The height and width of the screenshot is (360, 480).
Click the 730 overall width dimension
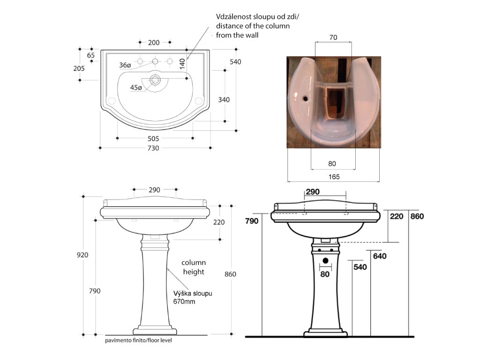(153, 149)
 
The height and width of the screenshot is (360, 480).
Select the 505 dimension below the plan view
(153, 139)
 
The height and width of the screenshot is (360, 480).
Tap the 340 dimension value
(224, 99)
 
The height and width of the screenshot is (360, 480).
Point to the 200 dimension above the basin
(154, 43)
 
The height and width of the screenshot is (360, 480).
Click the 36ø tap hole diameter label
(125, 65)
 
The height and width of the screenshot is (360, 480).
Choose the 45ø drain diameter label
(136, 88)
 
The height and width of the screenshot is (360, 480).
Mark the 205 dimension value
(79, 68)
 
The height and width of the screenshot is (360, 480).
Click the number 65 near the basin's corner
(91, 55)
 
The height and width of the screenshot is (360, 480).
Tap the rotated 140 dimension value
(183, 64)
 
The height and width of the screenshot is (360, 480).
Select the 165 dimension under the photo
(334, 177)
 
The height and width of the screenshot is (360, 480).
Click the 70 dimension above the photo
(333, 38)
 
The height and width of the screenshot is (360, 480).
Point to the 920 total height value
(82, 255)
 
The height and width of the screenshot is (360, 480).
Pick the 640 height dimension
(379, 256)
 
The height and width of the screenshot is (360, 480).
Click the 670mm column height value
(184, 302)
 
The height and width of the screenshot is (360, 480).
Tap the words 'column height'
(194, 267)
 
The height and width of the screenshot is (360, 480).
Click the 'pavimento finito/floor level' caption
(139, 340)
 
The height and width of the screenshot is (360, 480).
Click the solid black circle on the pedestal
(325, 260)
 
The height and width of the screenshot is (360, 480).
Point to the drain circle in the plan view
(155, 80)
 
